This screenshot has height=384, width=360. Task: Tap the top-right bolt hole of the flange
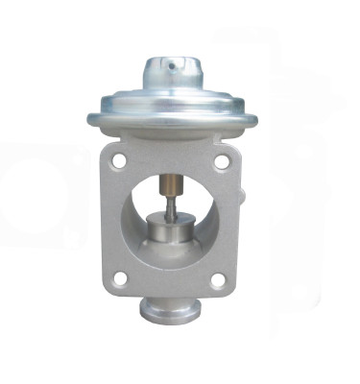[x=221, y=162]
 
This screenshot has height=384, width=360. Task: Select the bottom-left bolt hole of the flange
[x=121, y=278]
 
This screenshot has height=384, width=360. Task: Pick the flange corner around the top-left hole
[x=112, y=154]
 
